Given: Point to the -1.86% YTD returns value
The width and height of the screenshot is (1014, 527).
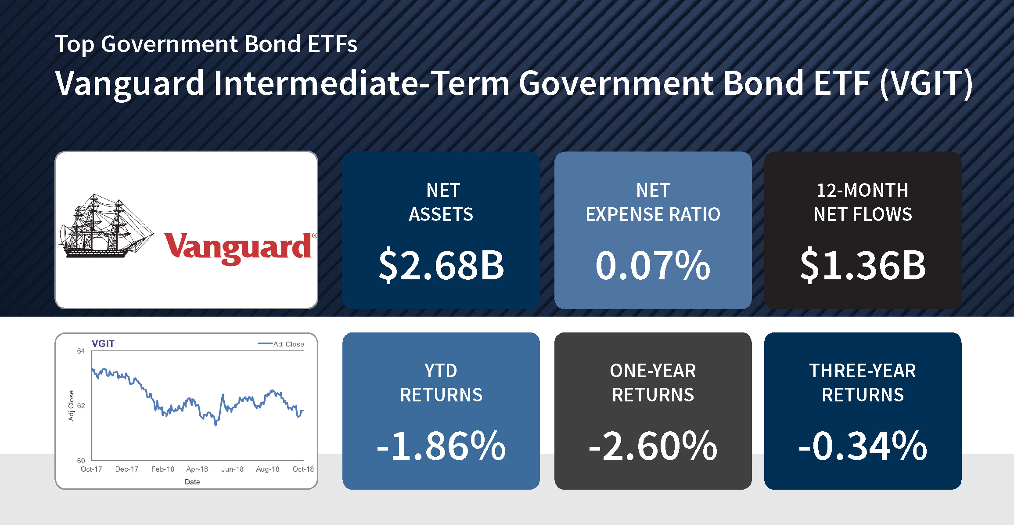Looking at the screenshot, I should click(441, 446).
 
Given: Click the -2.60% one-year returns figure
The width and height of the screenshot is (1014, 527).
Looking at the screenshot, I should click(653, 446).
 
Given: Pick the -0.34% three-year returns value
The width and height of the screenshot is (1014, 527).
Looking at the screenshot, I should click(863, 446).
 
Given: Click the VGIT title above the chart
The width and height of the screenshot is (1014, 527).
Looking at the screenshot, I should click(103, 344).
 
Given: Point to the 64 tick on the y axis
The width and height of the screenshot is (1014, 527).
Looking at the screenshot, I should click(81, 351).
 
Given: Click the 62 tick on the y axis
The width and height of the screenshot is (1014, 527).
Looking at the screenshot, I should click(81, 406).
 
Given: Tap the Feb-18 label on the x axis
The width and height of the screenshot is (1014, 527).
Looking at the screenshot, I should click(162, 469).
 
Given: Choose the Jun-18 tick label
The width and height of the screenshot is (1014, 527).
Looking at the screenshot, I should click(232, 469).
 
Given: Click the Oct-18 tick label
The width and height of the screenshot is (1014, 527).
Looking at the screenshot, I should click(303, 469).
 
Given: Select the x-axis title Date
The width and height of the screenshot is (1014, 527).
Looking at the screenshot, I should click(192, 482).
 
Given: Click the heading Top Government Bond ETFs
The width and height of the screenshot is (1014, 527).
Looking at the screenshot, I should click(206, 45).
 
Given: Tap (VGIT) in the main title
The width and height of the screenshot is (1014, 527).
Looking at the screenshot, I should click(926, 83).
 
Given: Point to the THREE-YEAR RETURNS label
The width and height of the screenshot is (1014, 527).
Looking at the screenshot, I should click(863, 383).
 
